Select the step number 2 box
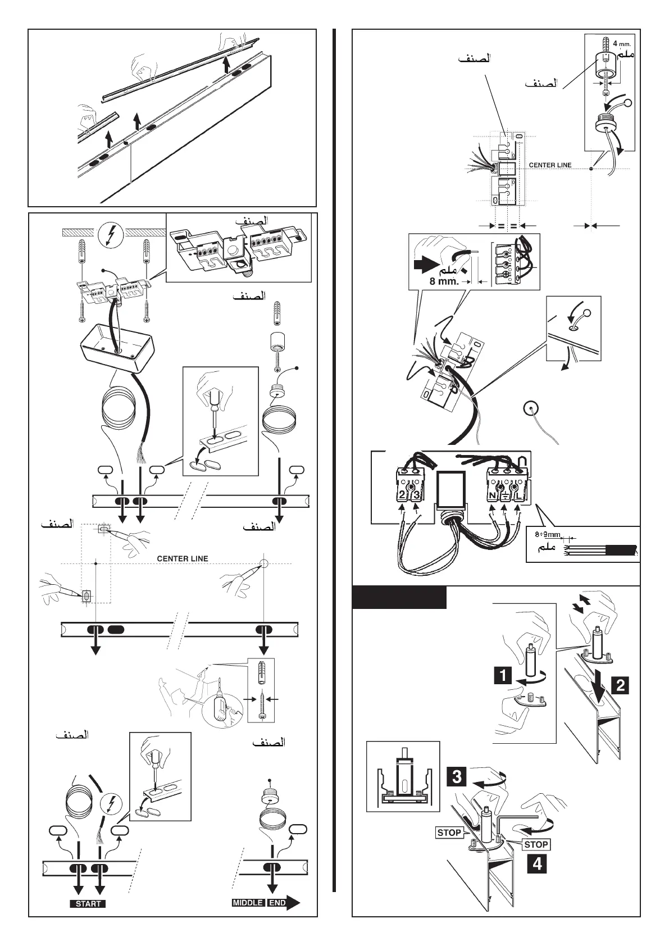coord(621,685)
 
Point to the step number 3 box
coord(457,777)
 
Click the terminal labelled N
coord(493,495)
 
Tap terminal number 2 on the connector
coord(402,495)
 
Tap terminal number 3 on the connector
coord(416,495)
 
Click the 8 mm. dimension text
coord(444,281)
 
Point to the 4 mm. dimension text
coord(622,43)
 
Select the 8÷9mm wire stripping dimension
coord(547,534)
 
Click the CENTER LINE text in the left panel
coord(182,558)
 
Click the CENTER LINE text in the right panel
coord(550,165)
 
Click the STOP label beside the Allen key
coord(536,844)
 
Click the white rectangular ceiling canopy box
coord(117,349)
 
